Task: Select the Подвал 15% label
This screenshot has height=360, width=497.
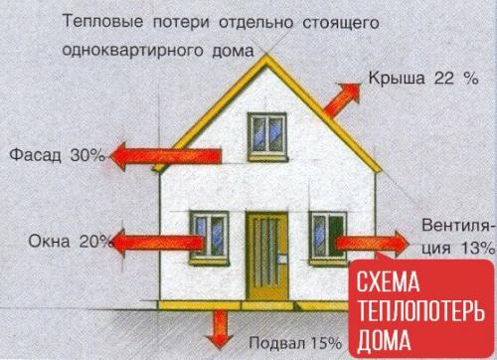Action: [x=296, y=343]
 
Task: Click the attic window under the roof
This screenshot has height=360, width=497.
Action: [x=263, y=128]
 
